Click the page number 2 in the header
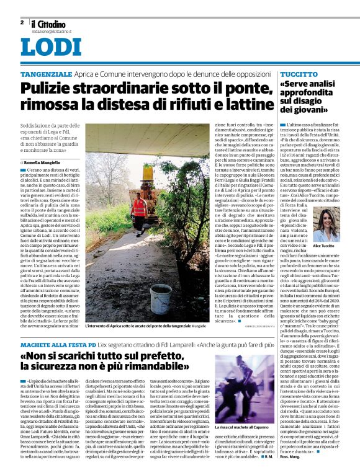(x=22, y=22)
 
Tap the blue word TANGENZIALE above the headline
(x=46, y=74)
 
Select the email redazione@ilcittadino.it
(x=55, y=30)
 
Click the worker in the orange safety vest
(x=141, y=205)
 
